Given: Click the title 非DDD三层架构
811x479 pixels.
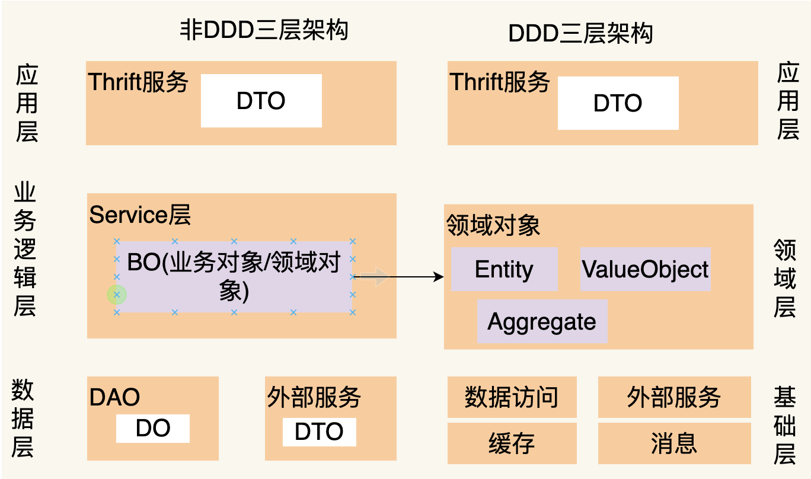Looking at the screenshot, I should click(x=264, y=30).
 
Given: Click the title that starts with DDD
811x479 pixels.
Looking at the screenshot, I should click(x=580, y=33).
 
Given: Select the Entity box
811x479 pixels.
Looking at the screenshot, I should click(x=504, y=270).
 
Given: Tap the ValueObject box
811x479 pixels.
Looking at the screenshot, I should click(x=645, y=270).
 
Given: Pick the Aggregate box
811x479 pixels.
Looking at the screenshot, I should click(x=542, y=322).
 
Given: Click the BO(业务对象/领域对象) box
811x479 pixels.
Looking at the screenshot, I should click(x=234, y=277).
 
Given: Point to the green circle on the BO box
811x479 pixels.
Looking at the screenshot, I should click(x=117, y=295).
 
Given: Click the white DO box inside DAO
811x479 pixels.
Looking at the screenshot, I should click(x=152, y=429).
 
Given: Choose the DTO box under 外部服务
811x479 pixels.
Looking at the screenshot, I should click(x=319, y=432).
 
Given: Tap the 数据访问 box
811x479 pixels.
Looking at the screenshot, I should click(x=512, y=397).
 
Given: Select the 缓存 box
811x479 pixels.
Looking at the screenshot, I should click(x=512, y=443).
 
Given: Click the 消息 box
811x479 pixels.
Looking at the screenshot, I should click(x=674, y=443).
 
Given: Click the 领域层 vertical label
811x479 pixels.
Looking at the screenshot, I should click(x=785, y=279).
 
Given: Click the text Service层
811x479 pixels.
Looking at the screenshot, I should click(x=140, y=215).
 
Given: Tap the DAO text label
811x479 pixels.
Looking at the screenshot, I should click(x=114, y=398).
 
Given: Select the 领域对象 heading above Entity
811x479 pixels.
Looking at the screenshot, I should click(x=493, y=225).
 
